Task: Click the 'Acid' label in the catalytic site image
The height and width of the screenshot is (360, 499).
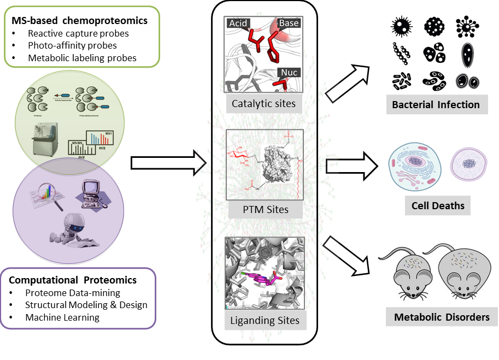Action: pyautogui.click(x=238, y=23)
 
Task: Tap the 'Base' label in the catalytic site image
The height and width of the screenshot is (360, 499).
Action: pyautogui.click(x=289, y=23)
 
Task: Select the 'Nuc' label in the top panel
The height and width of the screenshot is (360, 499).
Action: pyautogui.click(x=290, y=73)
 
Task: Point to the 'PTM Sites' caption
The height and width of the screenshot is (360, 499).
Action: pyautogui.click(x=265, y=209)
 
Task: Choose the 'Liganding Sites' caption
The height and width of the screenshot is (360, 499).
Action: pyautogui.click(x=265, y=320)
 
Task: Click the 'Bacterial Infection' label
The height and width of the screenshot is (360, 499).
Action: pyautogui.click(x=436, y=104)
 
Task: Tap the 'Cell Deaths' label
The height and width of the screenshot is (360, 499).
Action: pyautogui.click(x=437, y=206)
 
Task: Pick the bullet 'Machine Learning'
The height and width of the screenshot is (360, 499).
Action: pyautogui.click(x=63, y=317)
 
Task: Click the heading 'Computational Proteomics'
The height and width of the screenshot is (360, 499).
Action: pyautogui.click(x=73, y=280)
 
